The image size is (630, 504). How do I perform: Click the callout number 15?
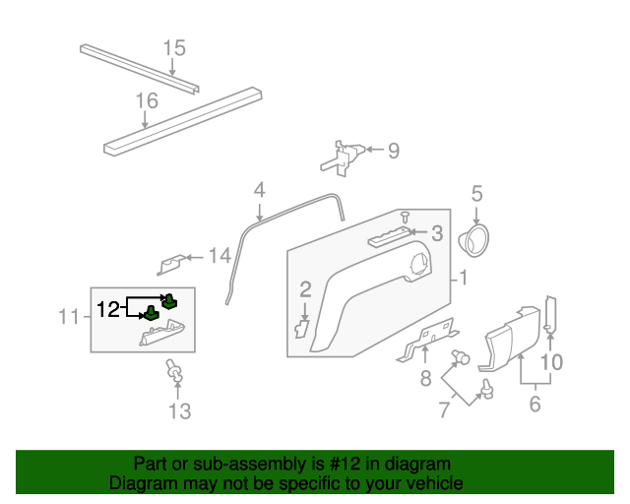(173, 47)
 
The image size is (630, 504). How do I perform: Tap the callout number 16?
(146, 100)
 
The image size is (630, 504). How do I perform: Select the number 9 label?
(393, 151)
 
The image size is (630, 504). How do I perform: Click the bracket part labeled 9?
(344, 157)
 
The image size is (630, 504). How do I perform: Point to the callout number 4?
(259, 189)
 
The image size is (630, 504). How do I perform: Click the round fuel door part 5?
(476, 239)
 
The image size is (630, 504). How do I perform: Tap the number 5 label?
(476, 194)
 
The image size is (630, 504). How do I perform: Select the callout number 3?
(436, 233)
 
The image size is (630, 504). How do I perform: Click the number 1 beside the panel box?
(462, 279)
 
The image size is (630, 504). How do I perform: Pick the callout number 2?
(305, 288)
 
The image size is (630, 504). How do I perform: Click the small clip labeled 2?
(302, 326)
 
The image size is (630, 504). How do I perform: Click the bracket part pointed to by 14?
(172, 265)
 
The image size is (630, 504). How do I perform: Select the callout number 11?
(68, 316)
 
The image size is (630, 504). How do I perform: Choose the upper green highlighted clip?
(169, 300)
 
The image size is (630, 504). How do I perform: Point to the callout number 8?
(425, 378)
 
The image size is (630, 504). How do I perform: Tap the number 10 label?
(551, 362)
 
